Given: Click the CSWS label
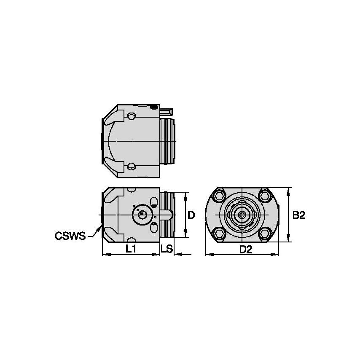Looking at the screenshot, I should pyautogui.click(x=70, y=236).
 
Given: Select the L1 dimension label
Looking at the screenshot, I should pyautogui.click(x=131, y=249).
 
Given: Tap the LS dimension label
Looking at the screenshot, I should pyautogui.click(x=167, y=249).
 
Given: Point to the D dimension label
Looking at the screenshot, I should pyautogui.click(x=191, y=215).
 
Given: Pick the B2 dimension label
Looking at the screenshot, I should pyautogui.click(x=299, y=215).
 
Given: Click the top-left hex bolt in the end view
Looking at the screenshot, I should pyautogui.click(x=219, y=196).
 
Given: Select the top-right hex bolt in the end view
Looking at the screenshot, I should pyautogui.click(x=265, y=196).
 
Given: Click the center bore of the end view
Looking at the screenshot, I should pyautogui.click(x=242, y=215).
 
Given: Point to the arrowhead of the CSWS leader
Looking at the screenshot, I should pyautogui.click(x=100, y=227).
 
